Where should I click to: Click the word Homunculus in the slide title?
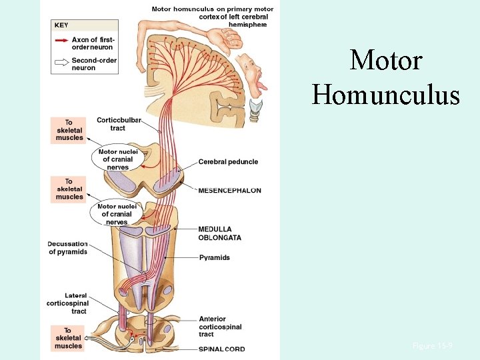pos(386,94)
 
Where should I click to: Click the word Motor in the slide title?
pos(386,61)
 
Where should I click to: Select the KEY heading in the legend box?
pos(61,25)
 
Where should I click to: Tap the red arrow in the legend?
pos(62,41)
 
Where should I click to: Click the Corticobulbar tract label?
pos(118,123)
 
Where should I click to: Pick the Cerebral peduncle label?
pos(228,162)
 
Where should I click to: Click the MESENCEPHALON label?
pos(229,191)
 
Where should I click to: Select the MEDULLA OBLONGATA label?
pos(219,233)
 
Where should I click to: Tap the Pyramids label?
pos(214,257)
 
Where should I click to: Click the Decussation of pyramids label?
pos(67,248)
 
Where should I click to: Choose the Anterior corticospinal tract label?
pos(220,327)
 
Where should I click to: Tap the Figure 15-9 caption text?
pos(432,346)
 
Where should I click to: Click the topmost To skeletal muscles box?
pos(69,130)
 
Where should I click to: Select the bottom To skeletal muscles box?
pos(68,338)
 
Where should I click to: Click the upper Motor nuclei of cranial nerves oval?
pos(117,159)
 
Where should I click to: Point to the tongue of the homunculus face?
pos(263,86)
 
